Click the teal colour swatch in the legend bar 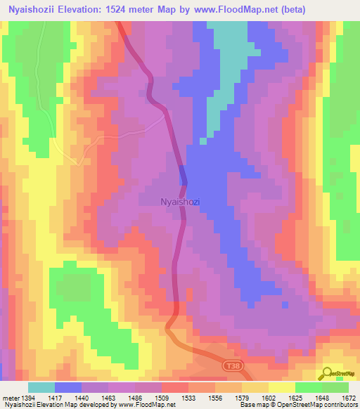tap(41, 387)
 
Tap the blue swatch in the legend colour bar tap(68, 387)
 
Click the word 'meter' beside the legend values tap(11, 398)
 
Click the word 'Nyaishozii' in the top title tap(33, 9)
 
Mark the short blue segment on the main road tap(184, 174)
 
